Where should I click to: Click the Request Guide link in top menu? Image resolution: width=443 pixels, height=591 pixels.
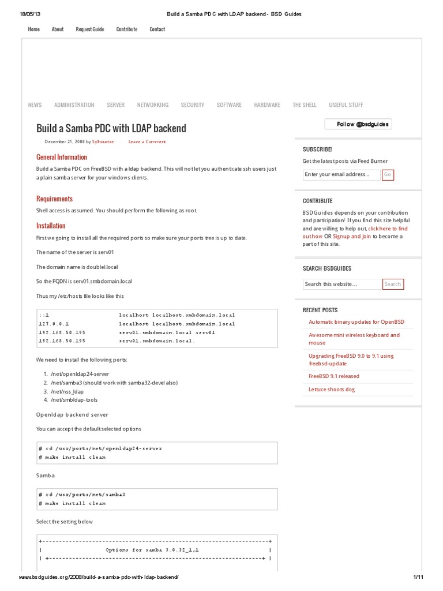point(90,29)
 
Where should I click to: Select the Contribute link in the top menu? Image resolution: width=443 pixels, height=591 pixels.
point(127,29)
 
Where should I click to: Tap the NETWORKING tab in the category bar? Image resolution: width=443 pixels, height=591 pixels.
point(153,105)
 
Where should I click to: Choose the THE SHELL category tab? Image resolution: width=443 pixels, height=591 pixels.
point(305,105)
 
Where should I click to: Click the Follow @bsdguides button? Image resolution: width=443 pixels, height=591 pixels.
point(358,124)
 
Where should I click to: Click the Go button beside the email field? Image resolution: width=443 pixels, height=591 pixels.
point(388,174)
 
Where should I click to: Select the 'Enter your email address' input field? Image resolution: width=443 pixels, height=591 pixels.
point(341,174)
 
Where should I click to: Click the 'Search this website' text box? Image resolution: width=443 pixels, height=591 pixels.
point(342,284)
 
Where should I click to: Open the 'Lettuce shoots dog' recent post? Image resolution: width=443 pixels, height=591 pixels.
point(332,390)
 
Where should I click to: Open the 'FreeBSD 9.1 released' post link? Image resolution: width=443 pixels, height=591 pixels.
point(333,376)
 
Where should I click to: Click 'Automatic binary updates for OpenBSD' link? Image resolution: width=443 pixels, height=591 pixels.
point(356,322)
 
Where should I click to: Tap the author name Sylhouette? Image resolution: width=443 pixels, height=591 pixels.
point(103,141)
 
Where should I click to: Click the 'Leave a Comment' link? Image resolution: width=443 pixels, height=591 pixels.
point(147,141)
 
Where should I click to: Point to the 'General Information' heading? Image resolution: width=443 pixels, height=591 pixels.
point(62,157)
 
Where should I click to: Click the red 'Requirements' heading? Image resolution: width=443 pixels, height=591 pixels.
point(54,199)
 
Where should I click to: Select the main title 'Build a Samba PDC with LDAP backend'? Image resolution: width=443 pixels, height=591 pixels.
point(111,128)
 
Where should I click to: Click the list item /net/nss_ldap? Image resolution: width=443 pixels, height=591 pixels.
point(67,391)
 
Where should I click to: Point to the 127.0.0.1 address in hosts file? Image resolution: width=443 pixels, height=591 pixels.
point(54,324)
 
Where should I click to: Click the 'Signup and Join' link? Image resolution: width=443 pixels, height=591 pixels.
point(351,236)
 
